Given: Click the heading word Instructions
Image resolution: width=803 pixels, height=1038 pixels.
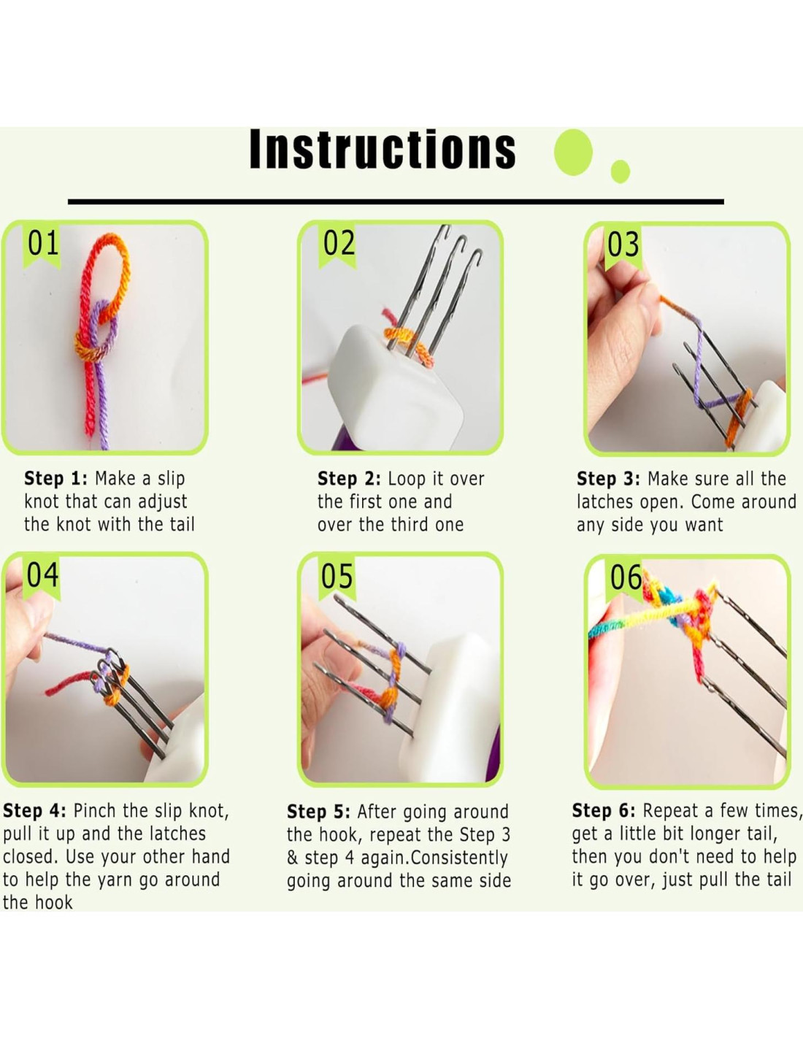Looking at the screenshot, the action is (x=383, y=149).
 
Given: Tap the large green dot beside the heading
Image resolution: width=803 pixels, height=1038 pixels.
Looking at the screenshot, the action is (x=573, y=152).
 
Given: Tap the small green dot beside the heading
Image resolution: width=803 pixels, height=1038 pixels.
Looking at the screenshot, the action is (x=620, y=171).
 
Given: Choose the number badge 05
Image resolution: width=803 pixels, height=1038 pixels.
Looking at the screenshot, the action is (x=337, y=576).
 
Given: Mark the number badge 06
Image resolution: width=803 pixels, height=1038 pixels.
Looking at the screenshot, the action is (x=626, y=577).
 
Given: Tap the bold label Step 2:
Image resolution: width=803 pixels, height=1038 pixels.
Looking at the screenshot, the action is (x=349, y=479).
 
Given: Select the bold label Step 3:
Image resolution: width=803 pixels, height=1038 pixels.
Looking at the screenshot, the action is (x=609, y=479).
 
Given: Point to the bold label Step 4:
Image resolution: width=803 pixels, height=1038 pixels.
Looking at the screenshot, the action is (x=35, y=811).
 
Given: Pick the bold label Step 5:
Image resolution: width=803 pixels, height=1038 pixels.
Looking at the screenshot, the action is (x=318, y=812).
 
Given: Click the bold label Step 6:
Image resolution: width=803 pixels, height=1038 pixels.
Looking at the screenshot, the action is (x=604, y=811).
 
